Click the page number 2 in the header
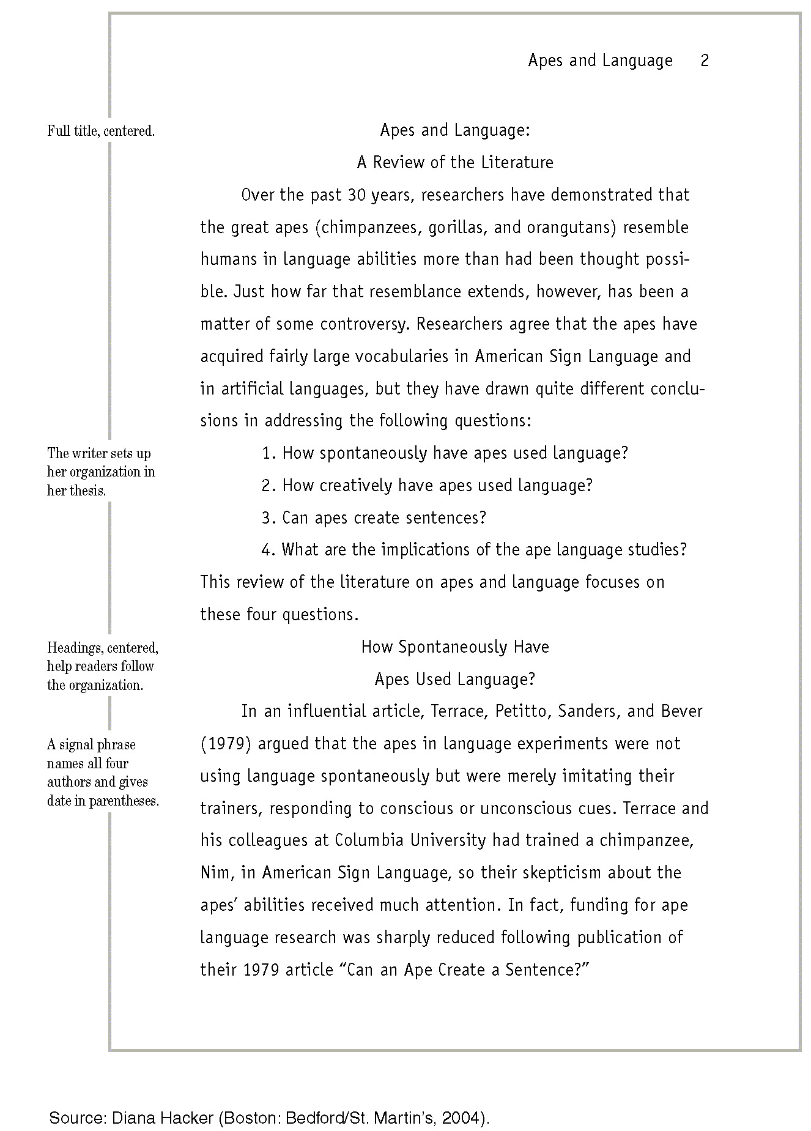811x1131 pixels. point(705,61)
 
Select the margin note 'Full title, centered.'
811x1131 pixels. point(101,131)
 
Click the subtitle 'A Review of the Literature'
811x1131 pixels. point(455,163)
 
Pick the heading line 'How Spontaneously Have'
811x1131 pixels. point(455,647)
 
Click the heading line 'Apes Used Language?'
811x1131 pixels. point(455,680)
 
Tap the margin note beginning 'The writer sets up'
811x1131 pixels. point(101,472)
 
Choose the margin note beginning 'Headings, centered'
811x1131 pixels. point(102,666)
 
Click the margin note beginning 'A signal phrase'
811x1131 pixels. point(103,773)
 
